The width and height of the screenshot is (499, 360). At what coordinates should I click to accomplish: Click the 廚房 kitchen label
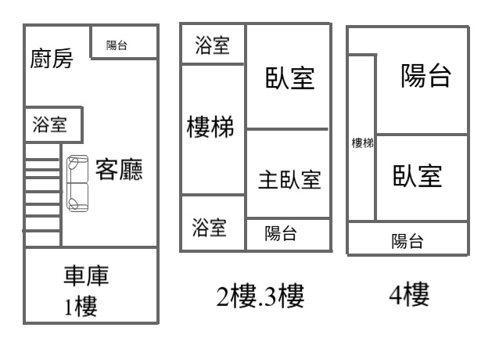click(x=52, y=59)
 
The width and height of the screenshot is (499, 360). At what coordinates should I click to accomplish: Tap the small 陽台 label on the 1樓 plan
click(x=117, y=45)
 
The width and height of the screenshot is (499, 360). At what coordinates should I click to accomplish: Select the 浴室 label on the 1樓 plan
click(x=48, y=124)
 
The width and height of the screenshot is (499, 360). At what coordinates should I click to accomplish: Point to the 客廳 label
click(x=119, y=170)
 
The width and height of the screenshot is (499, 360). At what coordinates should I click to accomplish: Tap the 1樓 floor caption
click(x=81, y=306)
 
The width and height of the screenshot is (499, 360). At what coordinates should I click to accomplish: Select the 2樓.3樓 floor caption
click(x=260, y=296)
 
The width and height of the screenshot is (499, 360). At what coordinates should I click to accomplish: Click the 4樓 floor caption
click(x=408, y=294)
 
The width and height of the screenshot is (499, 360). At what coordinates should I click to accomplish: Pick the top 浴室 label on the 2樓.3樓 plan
click(x=212, y=45)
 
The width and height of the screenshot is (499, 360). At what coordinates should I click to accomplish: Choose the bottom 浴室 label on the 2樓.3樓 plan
click(x=210, y=228)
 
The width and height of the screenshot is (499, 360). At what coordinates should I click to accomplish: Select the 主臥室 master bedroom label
click(x=289, y=180)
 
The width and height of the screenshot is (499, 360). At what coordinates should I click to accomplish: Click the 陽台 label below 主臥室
click(x=281, y=232)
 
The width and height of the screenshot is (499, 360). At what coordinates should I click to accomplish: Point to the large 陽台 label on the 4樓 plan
click(x=425, y=77)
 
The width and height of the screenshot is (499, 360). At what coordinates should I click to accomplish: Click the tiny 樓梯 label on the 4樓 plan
click(x=362, y=142)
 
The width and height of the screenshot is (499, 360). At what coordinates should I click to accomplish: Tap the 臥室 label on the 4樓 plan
click(x=418, y=176)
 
